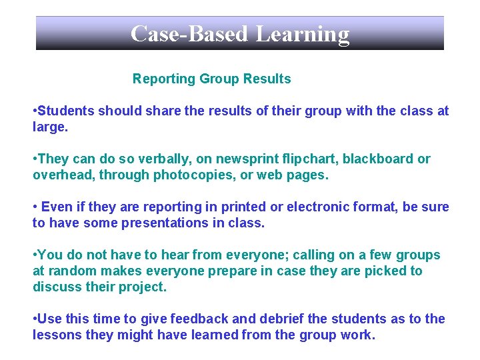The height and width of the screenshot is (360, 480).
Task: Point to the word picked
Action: click(387, 271)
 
